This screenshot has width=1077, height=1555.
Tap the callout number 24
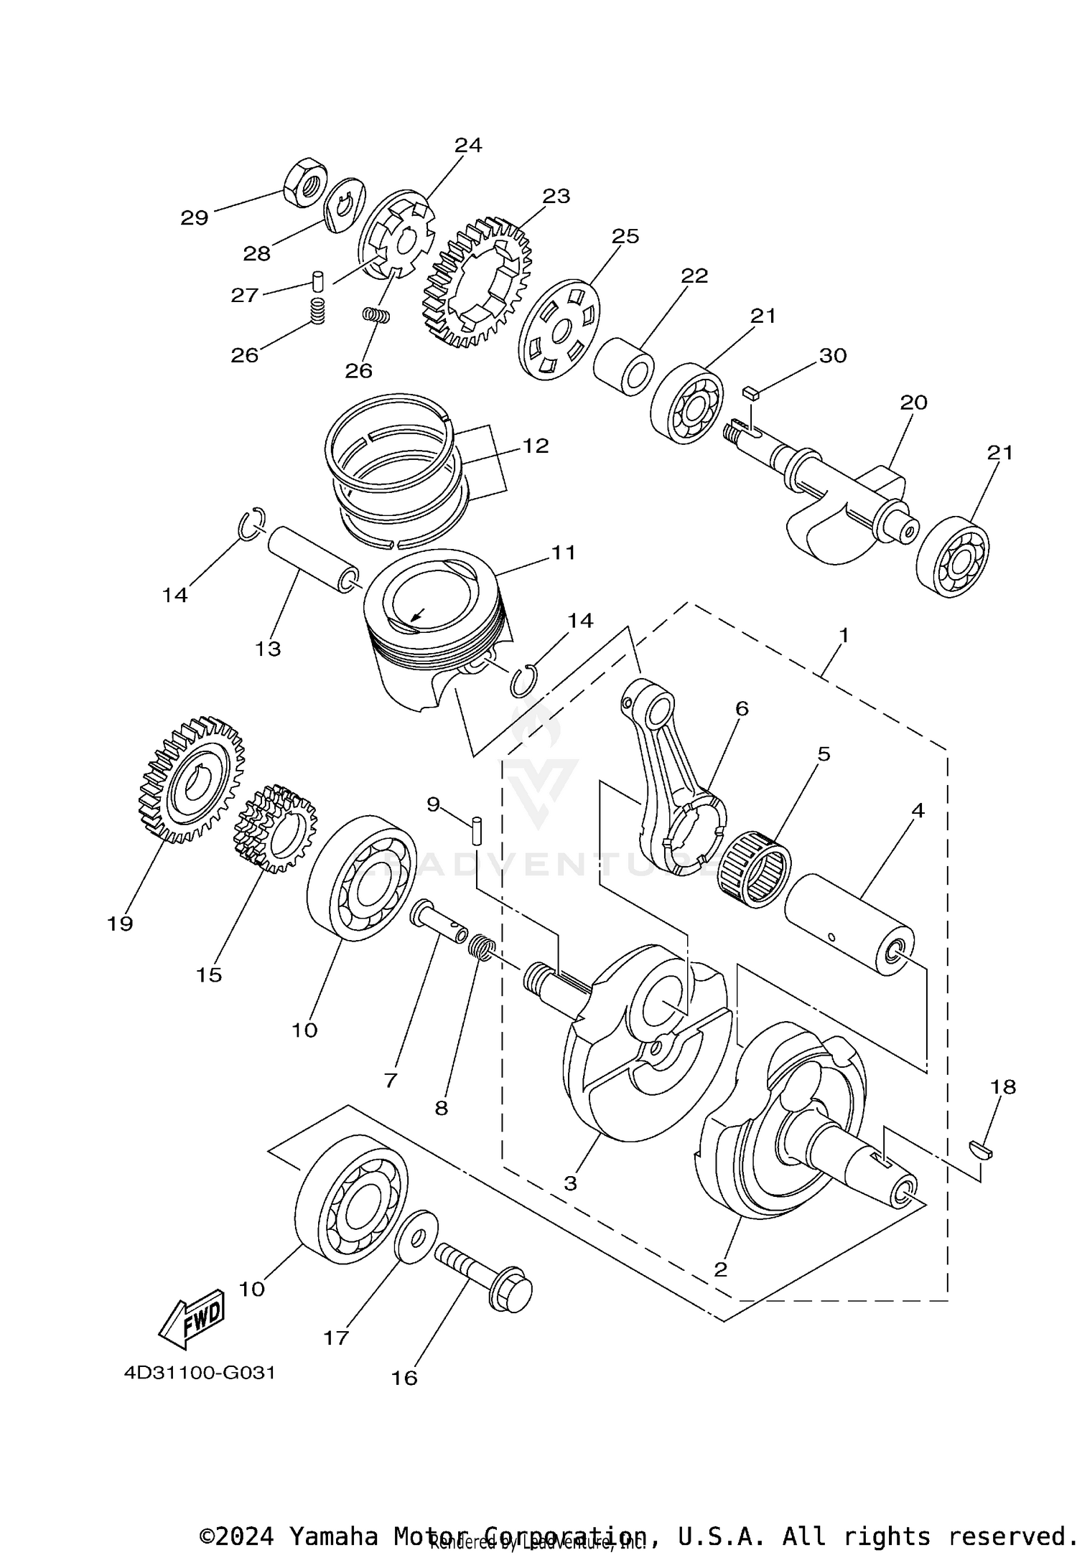(x=467, y=145)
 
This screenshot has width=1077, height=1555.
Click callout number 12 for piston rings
(x=535, y=446)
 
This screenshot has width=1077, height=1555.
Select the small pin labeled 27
(x=319, y=279)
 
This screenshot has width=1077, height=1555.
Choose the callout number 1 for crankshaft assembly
(x=844, y=635)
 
